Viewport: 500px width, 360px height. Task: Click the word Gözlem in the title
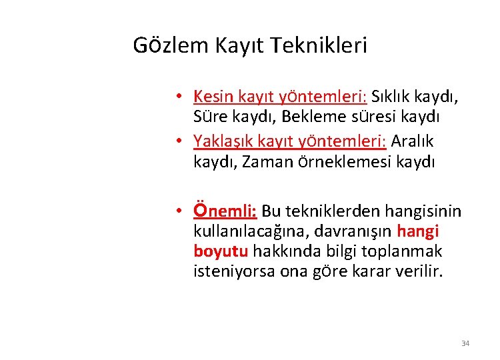click(x=170, y=46)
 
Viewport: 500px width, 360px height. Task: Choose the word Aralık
click(x=413, y=141)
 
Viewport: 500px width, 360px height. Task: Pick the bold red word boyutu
click(x=221, y=251)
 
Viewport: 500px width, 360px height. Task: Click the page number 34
click(x=465, y=343)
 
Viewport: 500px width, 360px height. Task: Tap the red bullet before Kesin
click(x=180, y=97)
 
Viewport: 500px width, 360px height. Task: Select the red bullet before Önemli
click(x=180, y=212)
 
